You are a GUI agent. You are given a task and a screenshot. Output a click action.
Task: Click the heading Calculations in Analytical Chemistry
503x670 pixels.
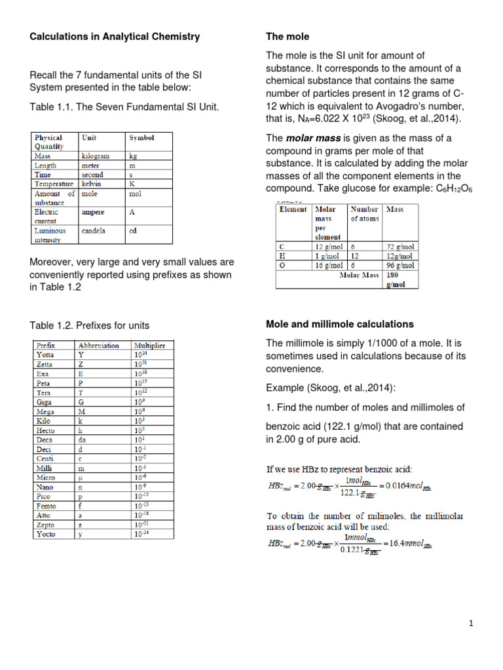(115, 37)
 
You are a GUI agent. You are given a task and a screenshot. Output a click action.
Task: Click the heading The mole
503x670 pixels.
(287, 37)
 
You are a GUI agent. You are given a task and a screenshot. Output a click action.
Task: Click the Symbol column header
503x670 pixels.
(141, 138)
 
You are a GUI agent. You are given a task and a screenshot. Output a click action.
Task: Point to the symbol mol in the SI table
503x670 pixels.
(136, 194)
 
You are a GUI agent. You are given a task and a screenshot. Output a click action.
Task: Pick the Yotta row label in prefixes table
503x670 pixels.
(46, 355)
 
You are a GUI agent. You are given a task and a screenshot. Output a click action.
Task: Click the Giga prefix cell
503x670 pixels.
(45, 402)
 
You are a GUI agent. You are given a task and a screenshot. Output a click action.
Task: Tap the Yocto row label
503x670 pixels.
(47, 535)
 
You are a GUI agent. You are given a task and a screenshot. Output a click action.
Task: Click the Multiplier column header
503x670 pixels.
(149, 345)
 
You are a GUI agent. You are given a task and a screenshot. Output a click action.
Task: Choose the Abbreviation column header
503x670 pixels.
(98, 345)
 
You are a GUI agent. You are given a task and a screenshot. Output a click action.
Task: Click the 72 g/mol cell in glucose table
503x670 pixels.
(400, 246)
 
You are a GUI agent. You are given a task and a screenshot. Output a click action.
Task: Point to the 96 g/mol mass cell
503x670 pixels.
(400, 266)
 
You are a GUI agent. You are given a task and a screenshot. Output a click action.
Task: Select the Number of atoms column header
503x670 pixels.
(365, 214)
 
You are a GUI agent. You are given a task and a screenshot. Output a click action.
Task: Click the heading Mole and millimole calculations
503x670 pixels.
(339, 324)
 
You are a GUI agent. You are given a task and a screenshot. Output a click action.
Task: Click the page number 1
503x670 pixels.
(471, 624)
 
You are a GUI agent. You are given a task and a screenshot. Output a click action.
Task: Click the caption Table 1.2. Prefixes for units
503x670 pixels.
(90, 325)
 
